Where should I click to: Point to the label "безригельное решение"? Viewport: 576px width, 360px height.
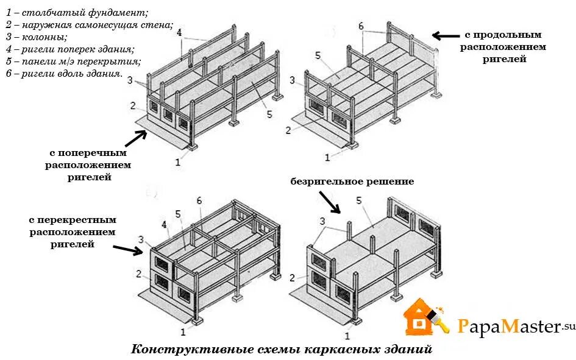352,182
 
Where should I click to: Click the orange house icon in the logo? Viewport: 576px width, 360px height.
420,317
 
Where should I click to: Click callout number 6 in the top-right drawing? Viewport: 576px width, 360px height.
361,26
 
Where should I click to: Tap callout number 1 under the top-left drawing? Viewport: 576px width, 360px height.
178,162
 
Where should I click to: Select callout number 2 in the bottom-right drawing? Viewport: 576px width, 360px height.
293,278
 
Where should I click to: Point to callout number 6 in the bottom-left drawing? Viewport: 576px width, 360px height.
199,200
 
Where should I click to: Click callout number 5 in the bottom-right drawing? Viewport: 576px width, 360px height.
359,200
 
